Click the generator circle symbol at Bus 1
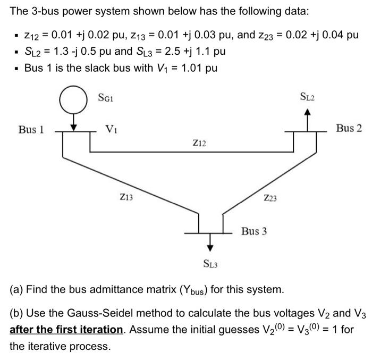coord(75,101)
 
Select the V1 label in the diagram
coord(112,128)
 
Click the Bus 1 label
coord(31,129)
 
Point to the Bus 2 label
coord(349,128)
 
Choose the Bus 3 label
coord(254,231)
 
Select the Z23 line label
coord(270,198)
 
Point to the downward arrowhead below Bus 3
coord(211,246)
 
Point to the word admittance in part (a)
coord(91,290)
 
